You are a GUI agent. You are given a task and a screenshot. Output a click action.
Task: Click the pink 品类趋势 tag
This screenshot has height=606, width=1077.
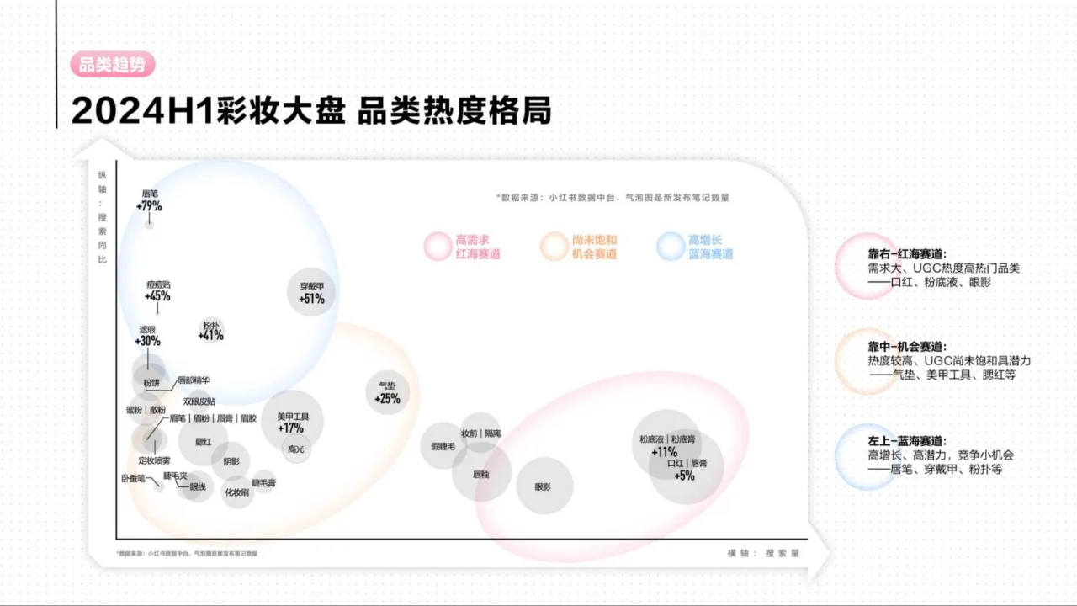coord(113,66)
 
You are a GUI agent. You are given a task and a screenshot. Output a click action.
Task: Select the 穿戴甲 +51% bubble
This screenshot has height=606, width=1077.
coord(311,292)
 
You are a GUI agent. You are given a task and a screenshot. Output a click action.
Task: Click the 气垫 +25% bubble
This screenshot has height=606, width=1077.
coord(388,393)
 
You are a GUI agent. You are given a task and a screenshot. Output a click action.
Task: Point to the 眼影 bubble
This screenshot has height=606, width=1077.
coord(544,486)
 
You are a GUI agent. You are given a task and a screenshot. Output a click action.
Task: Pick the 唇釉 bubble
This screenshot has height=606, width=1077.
coord(481,474)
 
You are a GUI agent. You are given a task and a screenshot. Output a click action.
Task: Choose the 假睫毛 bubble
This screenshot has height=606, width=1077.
coord(443,446)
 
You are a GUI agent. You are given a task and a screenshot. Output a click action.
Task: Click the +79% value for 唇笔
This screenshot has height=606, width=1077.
coord(149,206)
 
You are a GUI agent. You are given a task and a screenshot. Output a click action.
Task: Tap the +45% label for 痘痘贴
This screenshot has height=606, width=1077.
coord(157,296)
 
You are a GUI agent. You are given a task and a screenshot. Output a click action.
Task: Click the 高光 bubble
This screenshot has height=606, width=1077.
coord(296,449)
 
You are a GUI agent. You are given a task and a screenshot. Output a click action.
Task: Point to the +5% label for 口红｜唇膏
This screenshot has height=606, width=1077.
coord(685,475)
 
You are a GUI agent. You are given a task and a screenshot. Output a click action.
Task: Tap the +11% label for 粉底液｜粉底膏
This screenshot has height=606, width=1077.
coord(664,451)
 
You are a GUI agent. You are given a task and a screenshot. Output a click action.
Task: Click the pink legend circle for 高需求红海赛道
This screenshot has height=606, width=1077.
coord(438,247)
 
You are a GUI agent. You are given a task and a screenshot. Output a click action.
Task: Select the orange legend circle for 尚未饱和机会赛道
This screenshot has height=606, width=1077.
coord(554,247)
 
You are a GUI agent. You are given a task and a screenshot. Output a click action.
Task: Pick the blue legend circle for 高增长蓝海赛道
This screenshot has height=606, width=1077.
coord(671,247)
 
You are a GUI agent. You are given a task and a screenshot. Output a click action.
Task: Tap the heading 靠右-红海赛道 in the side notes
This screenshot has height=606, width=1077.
coord(907,253)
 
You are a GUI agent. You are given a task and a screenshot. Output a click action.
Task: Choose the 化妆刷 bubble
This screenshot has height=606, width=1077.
coord(236,492)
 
